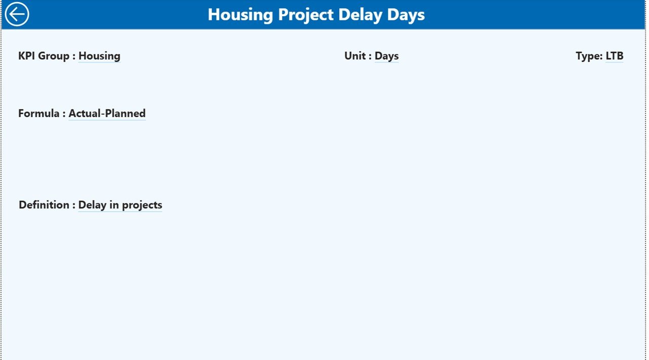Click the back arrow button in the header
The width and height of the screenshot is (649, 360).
coord(17,14)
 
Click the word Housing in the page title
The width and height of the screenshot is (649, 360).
coord(240,15)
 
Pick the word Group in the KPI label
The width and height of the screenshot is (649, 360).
coord(54,56)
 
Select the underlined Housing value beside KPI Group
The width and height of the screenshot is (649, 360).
coord(99,56)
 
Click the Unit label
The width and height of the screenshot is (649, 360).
coord(355,56)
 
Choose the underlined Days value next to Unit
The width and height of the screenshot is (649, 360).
coord(386,56)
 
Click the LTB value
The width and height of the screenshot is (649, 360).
coord(615,56)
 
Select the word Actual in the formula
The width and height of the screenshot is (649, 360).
coord(85,114)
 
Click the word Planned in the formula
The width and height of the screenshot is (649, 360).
coord(125,114)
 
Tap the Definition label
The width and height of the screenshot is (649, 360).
coord(44,205)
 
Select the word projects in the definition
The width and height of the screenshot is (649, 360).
coord(142,205)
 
